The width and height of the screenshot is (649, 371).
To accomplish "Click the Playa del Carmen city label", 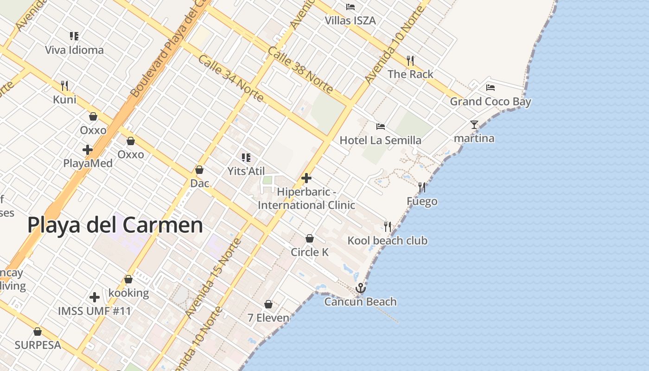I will pyautogui.click(x=115, y=225).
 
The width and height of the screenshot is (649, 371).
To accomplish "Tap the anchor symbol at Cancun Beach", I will pyautogui.click(x=360, y=288).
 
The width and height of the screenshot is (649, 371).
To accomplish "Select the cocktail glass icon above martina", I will pyautogui.click(x=474, y=125).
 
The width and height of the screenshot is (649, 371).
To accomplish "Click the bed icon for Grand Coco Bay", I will pyautogui.click(x=490, y=88).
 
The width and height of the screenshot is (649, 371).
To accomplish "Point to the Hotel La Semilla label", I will pyautogui.click(x=381, y=140).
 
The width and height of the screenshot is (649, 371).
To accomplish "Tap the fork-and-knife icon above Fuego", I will pyautogui.click(x=422, y=187).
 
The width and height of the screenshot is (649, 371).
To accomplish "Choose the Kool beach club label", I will pyautogui.click(x=388, y=241).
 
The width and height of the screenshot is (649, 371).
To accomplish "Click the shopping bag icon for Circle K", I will pyautogui.click(x=310, y=238).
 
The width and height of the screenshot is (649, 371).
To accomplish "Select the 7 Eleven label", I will pyautogui.click(x=268, y=318).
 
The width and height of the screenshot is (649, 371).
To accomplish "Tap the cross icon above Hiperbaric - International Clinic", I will pyautogui.click(x=306, y=178).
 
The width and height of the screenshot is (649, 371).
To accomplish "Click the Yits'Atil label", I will pyautogui.click(x=246, y=171).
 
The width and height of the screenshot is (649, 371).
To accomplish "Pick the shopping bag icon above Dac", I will pyautogui.click(x=199, y=170).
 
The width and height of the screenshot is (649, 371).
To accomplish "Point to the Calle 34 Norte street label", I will pyautogui.click(x=231, y=78).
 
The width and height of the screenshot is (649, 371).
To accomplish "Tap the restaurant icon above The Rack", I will pyautogui.click(x=410, y=61).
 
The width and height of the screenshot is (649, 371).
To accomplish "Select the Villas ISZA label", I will pyautogui.click(x=350, y=20).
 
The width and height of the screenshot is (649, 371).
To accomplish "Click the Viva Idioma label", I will pyautogui.click(x=74, y=50).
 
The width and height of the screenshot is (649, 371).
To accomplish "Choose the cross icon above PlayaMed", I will pyautogui.click(x=88, y=150).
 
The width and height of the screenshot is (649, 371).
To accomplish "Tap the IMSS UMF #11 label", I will pyautogui.click(x=95, y=311).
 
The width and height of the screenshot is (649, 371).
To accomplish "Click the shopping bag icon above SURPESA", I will pyautogui.click(x=38, y=332).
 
